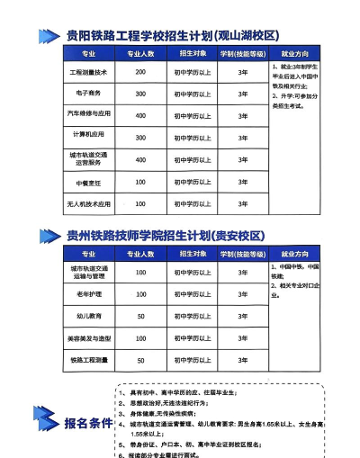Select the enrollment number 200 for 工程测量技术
tap(140, 71)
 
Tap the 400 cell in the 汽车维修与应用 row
tap(140, 115)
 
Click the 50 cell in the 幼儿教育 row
tap(140, 316)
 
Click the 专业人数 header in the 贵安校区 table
tap(140, 254)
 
